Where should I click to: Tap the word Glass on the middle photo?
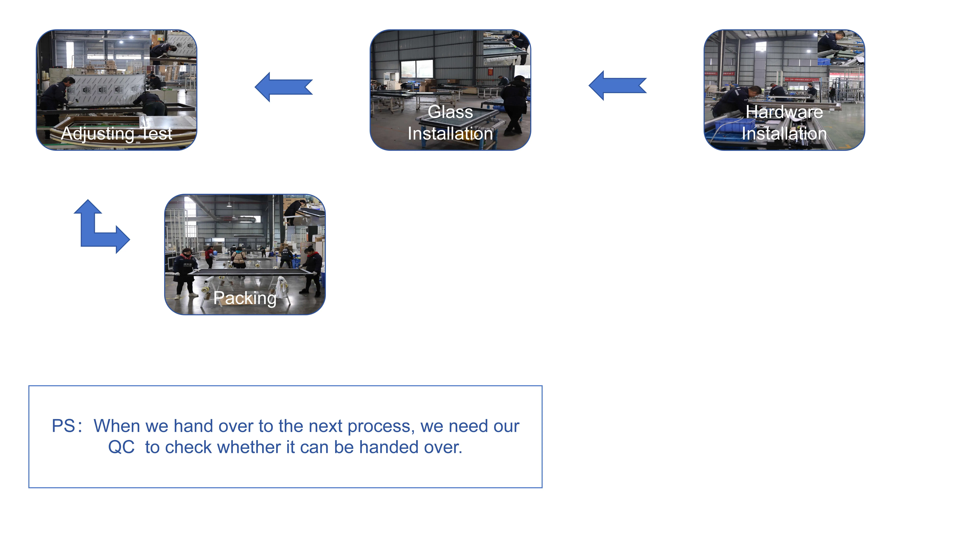pos(450,112)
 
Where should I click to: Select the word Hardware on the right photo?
pos(784,112)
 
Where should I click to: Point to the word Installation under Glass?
pos(450,133)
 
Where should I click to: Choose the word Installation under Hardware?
pos(784,133)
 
